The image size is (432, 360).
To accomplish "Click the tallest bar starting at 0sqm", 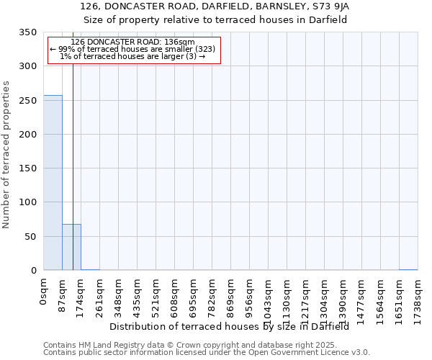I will tap(53, 183).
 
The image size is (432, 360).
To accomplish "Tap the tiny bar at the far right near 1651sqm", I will tap(408, 269).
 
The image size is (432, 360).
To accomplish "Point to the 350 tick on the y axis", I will tap(28, 32).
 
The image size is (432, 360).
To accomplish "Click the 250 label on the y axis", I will tap(28, 101).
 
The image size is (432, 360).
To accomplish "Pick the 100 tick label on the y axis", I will tap(28, 202).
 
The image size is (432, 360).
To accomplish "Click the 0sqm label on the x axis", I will tap(44, 294).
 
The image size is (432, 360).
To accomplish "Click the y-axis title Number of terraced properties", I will tap(6, 154).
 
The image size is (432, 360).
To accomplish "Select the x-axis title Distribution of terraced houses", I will tap(230, 327).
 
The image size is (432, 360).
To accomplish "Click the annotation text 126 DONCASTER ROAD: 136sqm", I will tap(133, 42).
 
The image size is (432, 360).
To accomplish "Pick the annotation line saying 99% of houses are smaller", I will tap(133, 49).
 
